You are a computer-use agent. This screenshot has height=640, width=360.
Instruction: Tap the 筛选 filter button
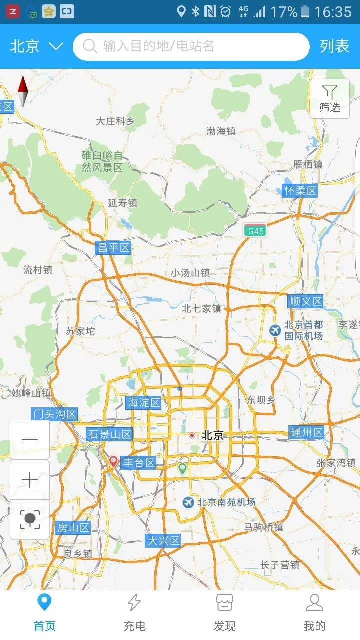coord(330,98)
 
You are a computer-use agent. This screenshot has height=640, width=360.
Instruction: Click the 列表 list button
coord(334,46)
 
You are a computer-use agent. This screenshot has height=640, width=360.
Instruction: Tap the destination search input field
coord(191,46)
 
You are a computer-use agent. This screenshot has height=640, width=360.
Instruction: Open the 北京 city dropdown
coord(36,46)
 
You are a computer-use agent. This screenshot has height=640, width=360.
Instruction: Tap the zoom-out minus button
coord(30,440)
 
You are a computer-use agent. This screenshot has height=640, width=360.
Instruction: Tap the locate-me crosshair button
coord(30,520)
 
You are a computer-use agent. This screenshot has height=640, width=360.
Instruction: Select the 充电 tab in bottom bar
coord(134,612)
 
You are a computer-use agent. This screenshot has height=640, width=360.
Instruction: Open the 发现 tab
coord(224,612)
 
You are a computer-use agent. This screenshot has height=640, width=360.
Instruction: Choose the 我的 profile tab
coord(314,612)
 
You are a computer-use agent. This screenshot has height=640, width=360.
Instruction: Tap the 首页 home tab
coord(44,612)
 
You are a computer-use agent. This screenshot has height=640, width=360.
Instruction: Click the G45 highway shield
coord(255,231)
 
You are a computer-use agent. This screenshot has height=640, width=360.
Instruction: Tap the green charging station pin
coord(182,468)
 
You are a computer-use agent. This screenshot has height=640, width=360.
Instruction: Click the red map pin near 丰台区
coord(114,461)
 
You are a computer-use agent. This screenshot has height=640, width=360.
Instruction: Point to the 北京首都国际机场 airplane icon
coord(275,330)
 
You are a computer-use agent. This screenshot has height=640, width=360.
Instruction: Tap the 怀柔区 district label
coord(300,191)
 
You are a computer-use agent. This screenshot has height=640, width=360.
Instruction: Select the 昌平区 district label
coord(113,248)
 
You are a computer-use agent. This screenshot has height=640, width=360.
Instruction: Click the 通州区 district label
coord(306,433)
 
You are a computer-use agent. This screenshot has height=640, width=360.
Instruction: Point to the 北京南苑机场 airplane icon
coord(188,502)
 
